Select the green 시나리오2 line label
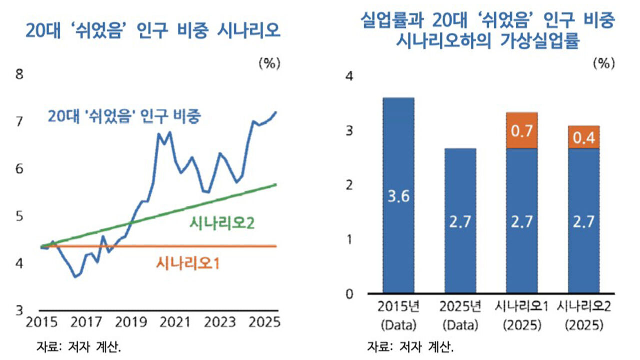[222, 223]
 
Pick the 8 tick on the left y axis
[20, 75]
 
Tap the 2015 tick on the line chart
[42, 322]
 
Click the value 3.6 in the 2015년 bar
[398, 196]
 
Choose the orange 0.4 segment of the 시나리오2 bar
[584, 138]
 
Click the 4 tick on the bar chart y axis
[349, 76]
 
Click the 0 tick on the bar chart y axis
[349, 293]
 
